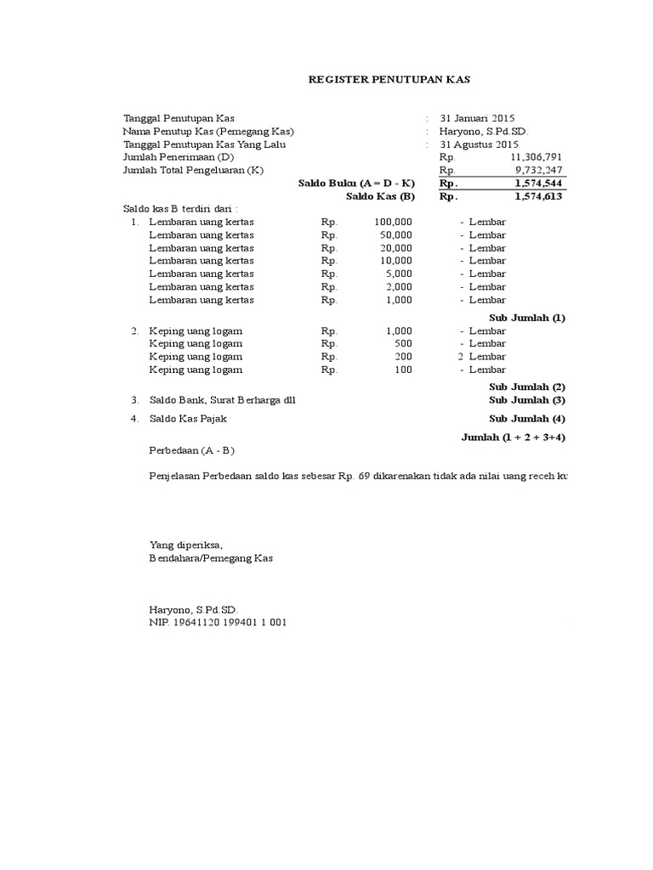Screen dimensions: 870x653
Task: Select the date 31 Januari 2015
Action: coord(477,118)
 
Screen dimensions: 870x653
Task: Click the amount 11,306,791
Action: coord(537,157)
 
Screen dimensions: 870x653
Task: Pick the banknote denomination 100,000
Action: coord(393,222)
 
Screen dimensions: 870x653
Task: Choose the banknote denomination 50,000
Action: coord(395,234)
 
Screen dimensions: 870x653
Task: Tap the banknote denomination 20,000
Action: coord(395,248)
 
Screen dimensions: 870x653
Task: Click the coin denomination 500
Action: coord(403,343)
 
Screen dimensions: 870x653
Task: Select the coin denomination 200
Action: coord(403,357)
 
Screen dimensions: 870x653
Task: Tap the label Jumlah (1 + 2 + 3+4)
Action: coord(514,437)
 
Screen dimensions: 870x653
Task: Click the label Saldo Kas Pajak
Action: coord(189,418)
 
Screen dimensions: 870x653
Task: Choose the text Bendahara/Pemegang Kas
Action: coord(212,558)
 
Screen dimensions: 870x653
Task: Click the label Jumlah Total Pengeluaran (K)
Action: coord(194,170)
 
